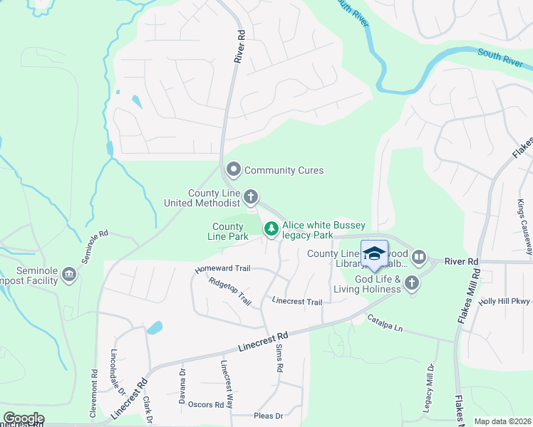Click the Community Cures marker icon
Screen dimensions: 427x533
(233, 170)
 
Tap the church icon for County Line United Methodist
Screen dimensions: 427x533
(250, 196)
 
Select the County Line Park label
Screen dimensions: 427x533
(228, 231)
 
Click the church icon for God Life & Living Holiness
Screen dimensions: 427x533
(411, 284)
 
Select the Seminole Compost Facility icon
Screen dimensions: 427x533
(69, 274)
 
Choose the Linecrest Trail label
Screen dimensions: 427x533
(296, 302)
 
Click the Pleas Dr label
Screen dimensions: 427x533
(269, 416)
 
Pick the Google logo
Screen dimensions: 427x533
(23, 418)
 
